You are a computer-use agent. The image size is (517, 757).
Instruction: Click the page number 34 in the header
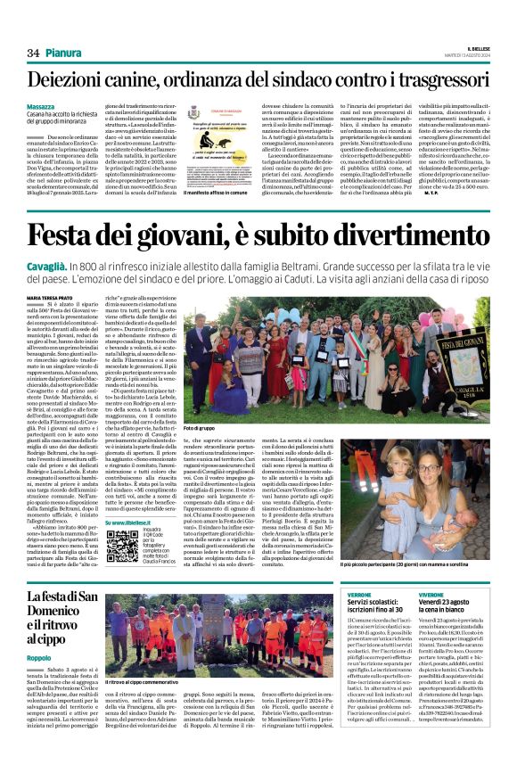pos(33,53)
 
